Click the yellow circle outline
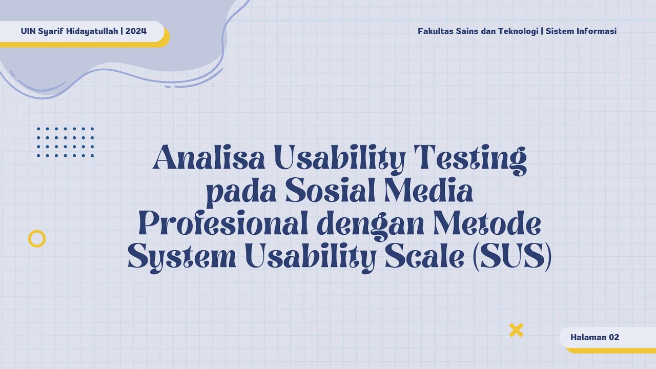37,239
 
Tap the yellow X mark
516,330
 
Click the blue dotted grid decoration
65,142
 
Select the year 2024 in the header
136,31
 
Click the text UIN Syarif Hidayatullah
70,31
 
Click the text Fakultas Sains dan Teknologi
478,31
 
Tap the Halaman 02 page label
594,337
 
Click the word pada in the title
239,192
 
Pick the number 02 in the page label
613,337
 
